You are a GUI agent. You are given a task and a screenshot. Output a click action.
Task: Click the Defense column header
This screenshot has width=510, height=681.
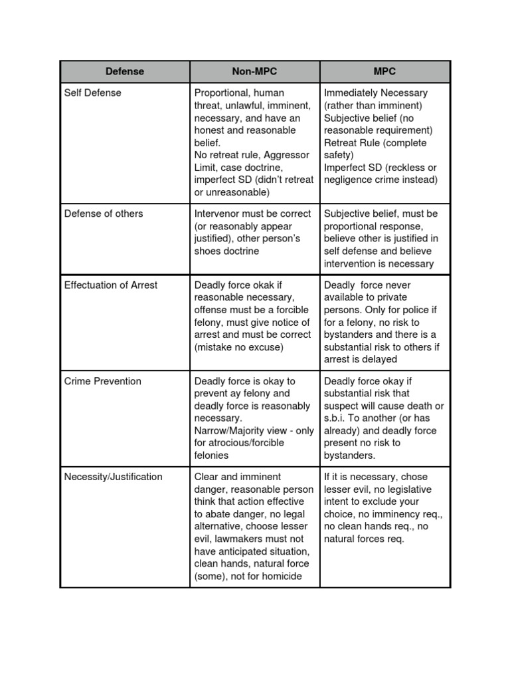tap(125, 71)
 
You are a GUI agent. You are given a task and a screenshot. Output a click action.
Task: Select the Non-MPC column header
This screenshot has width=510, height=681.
tap(254, 71)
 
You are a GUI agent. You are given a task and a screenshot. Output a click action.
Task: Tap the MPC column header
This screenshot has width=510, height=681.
tap(384, 71)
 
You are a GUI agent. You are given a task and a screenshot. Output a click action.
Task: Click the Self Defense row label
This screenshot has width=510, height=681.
tap(92, 93)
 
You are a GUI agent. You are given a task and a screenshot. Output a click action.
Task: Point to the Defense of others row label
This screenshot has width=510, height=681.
tap(103, 213)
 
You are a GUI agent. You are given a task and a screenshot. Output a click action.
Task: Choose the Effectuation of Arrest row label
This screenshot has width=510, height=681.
tap(111, 285)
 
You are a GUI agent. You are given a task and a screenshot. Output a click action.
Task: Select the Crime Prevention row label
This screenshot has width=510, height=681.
tap(102, 381)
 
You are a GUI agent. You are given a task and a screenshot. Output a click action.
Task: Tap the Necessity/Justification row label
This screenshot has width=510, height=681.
tap(113, 477)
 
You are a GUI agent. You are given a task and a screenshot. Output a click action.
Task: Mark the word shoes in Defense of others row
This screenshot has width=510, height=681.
tap(208, 251)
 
